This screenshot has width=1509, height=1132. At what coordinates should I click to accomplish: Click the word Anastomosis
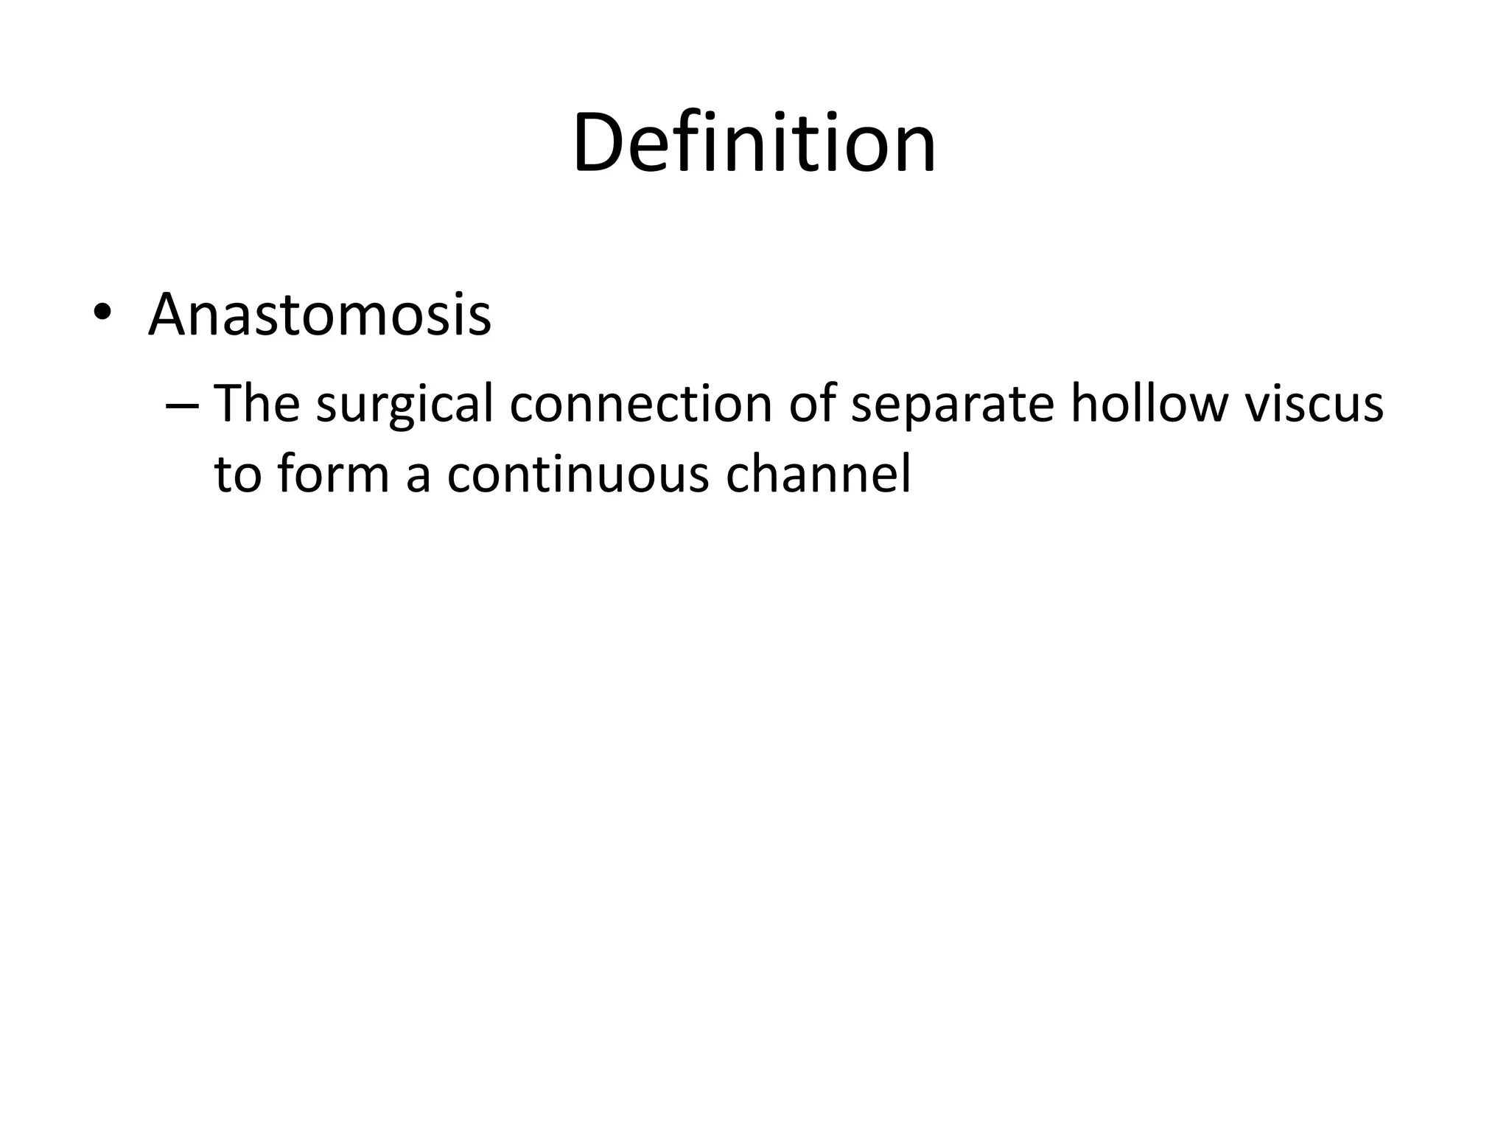(x=319, y=315)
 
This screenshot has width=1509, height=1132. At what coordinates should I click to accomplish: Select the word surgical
(x=405, y=405)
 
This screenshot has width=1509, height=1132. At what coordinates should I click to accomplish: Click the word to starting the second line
(x=238, y=473)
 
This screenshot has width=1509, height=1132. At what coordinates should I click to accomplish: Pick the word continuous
(x=577, y=473)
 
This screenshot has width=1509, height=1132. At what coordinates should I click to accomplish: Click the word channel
(x=819, y=473)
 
